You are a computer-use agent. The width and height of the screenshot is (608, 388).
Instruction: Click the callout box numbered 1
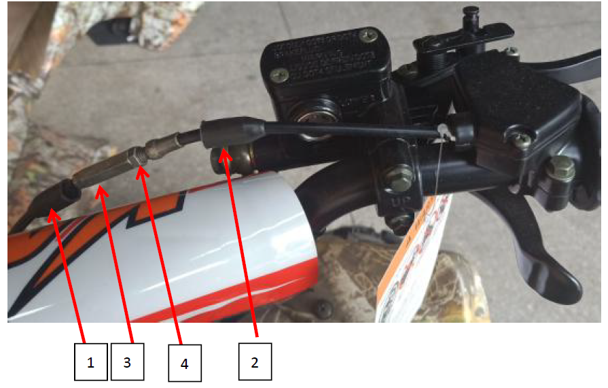pos(91,363)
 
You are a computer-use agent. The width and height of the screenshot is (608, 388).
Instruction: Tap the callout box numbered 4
pos(184,364)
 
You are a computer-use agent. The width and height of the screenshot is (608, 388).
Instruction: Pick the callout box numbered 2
pos(255,362)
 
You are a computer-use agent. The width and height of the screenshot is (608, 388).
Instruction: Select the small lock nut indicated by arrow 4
pos(140,157)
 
